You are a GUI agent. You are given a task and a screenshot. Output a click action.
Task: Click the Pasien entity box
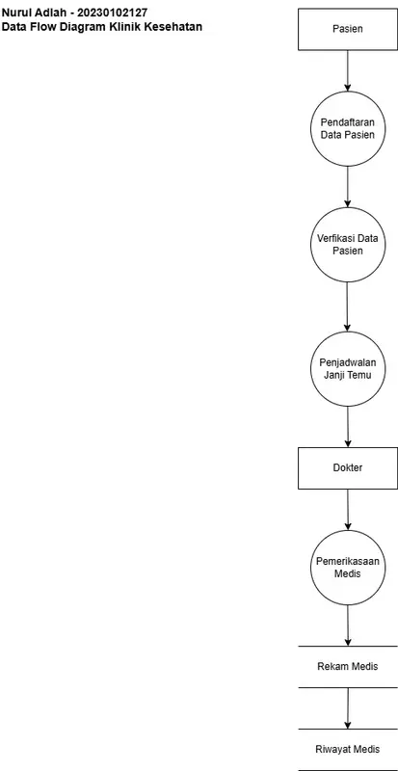click(347, 30)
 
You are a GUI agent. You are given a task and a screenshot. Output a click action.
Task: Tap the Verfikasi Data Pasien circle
click(347, 244)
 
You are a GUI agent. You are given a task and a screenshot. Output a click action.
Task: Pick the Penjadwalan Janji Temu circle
click(347, 369)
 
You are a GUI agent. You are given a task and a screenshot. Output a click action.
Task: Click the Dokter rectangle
click(347, 467)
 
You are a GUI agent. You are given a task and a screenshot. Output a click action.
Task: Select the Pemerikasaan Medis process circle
click(347, 568)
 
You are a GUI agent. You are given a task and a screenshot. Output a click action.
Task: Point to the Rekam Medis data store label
click(347, 667)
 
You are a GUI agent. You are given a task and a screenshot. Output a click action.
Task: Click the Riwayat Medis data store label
click(347, 750)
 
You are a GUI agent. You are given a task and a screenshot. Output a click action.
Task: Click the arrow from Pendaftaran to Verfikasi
click(347, 186)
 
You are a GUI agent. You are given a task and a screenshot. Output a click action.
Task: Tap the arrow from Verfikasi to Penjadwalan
click(347, 306)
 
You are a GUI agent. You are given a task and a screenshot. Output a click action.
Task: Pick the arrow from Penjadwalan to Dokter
click(347, 426)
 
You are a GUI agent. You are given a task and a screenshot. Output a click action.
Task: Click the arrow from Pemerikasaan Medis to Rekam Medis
click(347, 625)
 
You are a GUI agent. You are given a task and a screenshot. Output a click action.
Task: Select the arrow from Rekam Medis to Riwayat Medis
click(347, 708)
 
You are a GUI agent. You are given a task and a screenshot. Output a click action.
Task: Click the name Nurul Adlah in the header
click(32, 13)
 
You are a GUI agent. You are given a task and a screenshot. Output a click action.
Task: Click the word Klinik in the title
click(123, 27)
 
